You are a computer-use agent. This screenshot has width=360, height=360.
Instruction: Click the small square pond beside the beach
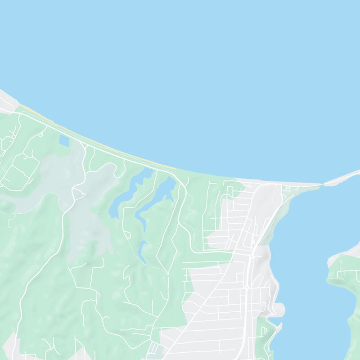(x=64, y=141)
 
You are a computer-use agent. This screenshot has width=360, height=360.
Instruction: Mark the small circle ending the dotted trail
(x=167, y=273)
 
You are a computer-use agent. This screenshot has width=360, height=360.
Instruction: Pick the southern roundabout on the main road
(x=247, y=286)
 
